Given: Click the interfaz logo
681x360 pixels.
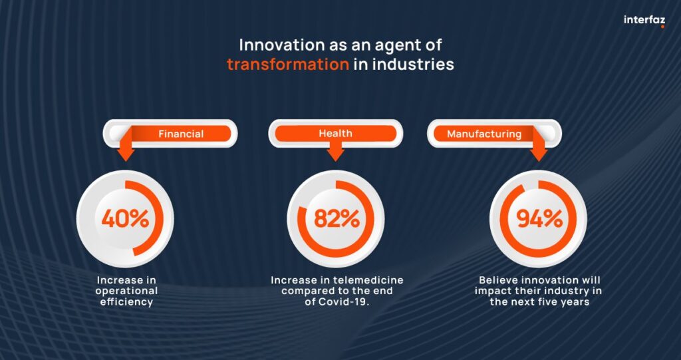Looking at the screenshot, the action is coord(644,21).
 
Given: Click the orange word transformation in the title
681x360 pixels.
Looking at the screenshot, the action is coord(287,65).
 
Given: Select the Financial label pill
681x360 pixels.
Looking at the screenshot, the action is coord(170,134).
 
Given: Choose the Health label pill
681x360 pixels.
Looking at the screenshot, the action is coord(335,134).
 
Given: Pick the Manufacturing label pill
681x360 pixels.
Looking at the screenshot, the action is coord(494,134).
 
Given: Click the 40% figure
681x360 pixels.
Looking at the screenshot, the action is coord(125,219).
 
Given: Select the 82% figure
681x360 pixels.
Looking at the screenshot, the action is coord(337,219).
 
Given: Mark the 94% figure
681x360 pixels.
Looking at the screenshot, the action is coord(539,219).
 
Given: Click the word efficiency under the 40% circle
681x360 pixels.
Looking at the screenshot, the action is coord(126,301).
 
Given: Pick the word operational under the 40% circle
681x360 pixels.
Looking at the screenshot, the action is coord(126,291).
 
